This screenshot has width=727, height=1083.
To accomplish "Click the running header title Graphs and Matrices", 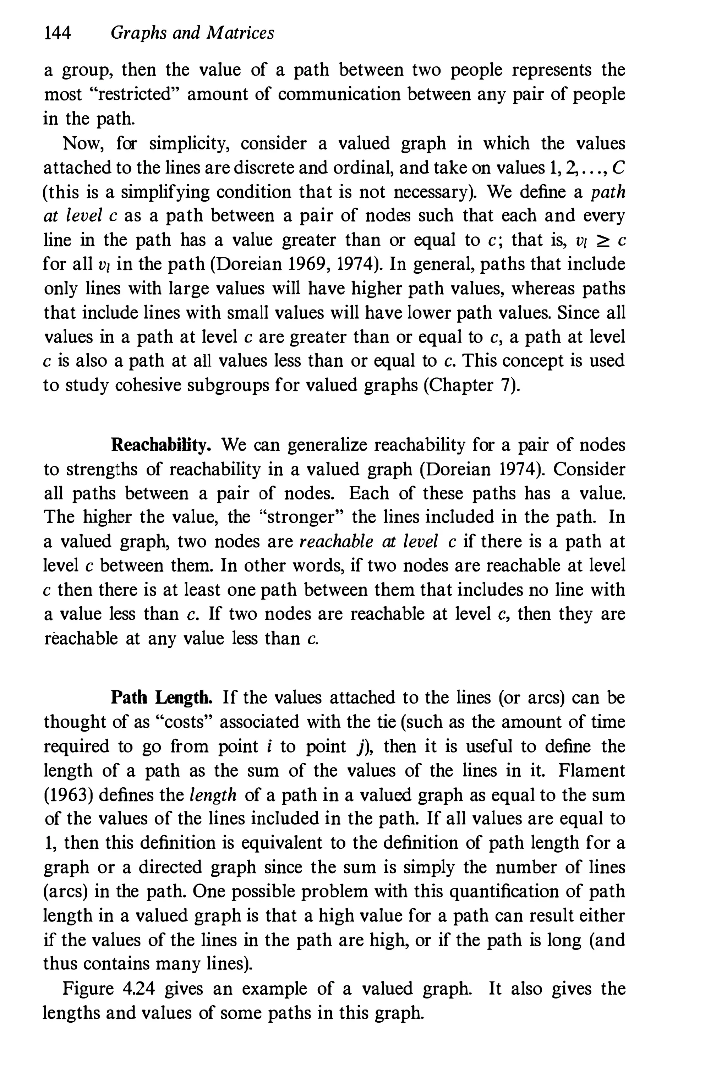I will (192, 33).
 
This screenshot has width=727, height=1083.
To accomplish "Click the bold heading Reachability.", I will (162, 445).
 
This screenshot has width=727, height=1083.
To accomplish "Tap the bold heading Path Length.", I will (162, 697).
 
